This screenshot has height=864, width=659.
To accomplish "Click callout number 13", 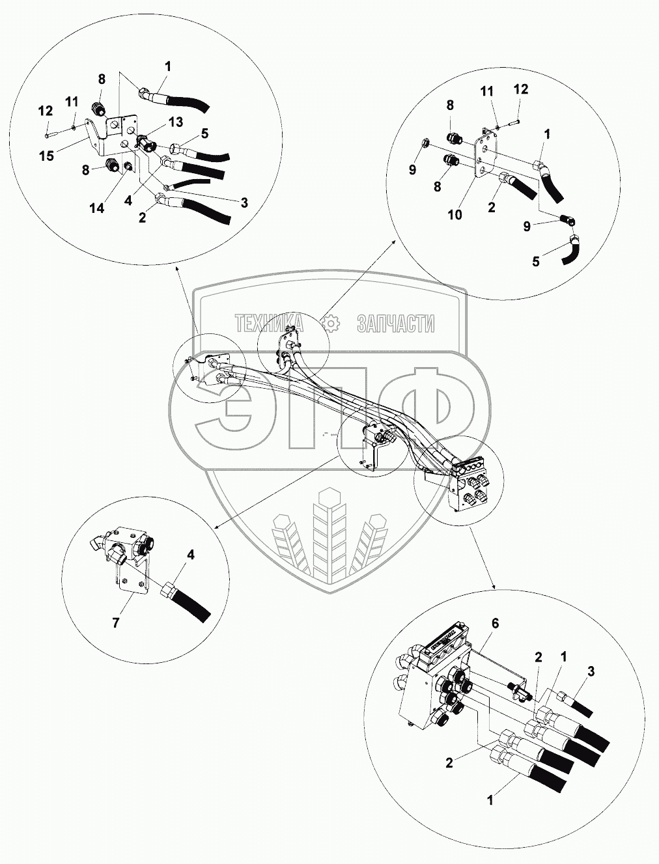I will pos(176,122).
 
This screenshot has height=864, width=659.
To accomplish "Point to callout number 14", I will pos(97,208).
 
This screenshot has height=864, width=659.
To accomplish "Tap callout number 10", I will pos(455,214).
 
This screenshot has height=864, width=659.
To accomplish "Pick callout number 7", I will pos(116,622).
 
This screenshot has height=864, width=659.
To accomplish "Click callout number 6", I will pos(494,623).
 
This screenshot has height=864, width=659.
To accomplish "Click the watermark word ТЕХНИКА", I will pos(269,323).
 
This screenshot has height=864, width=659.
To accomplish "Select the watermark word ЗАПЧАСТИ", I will pos(395,323).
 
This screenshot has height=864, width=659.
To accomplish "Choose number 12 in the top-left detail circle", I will pos(45,111).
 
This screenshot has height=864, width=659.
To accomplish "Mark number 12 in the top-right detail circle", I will pos(521,89).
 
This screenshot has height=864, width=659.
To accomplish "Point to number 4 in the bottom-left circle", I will pos(191,555).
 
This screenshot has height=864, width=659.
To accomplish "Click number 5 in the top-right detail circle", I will pos(536,261).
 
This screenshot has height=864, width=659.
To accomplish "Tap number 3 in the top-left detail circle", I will pos(244,203).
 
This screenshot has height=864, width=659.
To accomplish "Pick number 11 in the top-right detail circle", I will pos(488,92).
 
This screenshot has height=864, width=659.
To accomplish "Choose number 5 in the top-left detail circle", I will pos(204,133).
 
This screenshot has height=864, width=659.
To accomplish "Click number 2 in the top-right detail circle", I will pos(492,207).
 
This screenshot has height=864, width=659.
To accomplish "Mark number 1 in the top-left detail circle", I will pos(168,66).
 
